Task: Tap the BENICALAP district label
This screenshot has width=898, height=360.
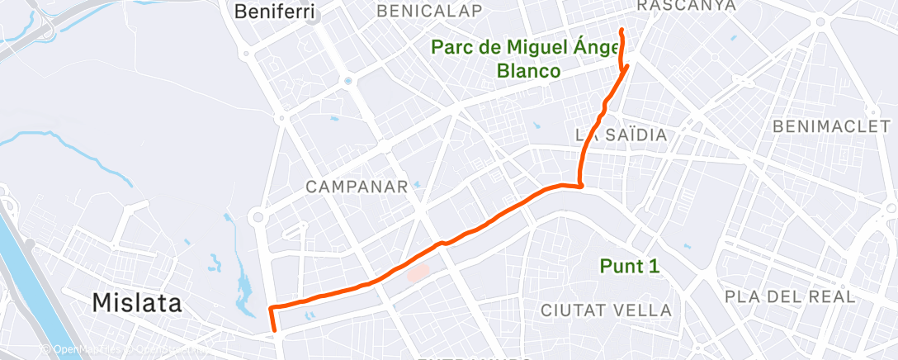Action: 428,10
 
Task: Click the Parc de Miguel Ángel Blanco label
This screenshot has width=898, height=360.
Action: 528,59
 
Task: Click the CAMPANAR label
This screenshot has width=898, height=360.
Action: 357,187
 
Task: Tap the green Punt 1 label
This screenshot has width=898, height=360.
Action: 630,266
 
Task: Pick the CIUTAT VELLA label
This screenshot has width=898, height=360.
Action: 606,310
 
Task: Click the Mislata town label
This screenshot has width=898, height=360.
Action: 136,302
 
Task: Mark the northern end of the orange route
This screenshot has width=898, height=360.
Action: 621,30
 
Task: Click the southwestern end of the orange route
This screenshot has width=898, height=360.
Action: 276,330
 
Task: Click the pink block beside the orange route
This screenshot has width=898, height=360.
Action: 418,272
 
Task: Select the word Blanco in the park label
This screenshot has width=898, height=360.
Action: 528,71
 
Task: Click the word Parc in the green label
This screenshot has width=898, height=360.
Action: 454,47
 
